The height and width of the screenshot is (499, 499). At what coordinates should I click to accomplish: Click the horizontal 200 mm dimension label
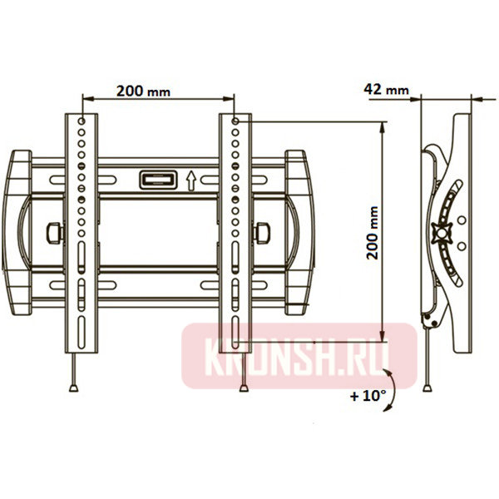coord(141,91)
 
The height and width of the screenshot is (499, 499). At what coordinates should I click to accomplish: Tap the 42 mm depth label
coord(387,88)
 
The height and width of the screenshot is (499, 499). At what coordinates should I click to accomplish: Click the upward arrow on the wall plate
coord(190,179)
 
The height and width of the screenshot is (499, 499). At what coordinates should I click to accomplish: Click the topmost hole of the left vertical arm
coord(81,121)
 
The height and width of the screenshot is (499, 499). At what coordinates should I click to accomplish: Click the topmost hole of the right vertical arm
coord(236,121)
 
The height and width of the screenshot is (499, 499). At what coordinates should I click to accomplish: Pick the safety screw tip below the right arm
coord(243,387)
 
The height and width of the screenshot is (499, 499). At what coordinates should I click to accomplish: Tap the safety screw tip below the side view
coord(427,387)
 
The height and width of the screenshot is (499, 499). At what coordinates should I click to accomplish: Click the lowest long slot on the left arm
coord(82,333)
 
